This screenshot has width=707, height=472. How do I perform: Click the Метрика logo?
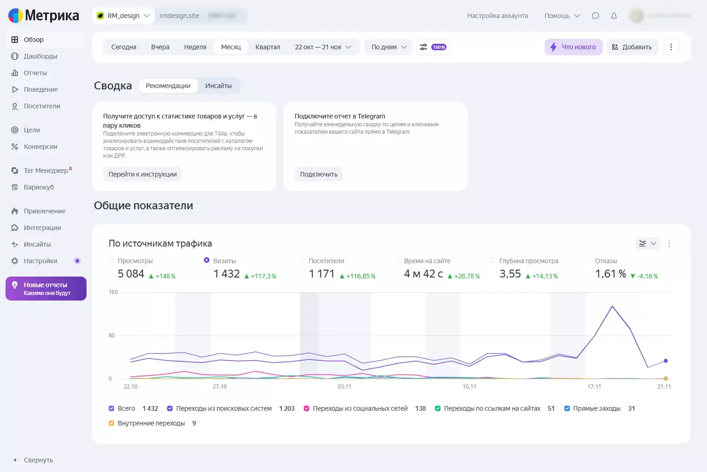(x=44, y=16)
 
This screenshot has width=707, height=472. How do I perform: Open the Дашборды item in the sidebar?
(x=41, y=56)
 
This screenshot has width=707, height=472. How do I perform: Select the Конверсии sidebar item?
(x=41, y=147)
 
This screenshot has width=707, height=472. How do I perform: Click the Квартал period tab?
(x=267, y=47)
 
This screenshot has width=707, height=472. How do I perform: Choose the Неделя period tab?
(x=195, y=47)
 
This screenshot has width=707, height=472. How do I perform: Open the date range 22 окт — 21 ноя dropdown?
(x=323, y=47)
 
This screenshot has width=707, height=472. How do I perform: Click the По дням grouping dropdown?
(x=389, y=47)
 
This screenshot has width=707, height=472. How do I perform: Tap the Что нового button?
(x=573, y=47)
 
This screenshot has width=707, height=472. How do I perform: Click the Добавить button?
(x=632, y=47)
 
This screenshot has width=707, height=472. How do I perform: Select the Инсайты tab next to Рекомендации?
(x=218, y=86)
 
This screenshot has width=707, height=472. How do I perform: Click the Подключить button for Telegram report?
(x=319, y=174)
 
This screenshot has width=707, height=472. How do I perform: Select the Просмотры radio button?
(x=111, y=260)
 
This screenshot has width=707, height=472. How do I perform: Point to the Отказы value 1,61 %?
(x=610, y=274)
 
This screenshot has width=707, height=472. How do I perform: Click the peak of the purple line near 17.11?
(x=612, y=306)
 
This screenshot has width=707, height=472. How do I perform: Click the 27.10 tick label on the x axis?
(x=220, y=387)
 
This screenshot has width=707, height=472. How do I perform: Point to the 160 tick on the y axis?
(x=113, y=292)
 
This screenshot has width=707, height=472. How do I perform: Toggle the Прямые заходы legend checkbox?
(x=567, y=408)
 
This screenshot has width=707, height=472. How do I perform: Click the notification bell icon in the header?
(x=614, y=16)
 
